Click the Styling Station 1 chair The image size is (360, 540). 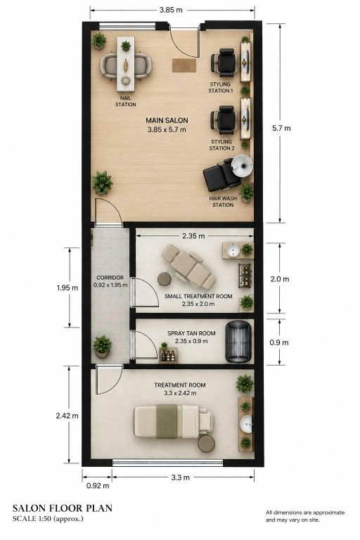[x=224, y=63]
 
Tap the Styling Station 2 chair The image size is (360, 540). [x=224, y=120]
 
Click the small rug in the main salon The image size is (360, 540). [x=184, y=65]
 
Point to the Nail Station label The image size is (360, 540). [x=125, y=101]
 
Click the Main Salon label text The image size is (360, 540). [x=167, y=120]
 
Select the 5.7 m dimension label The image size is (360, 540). [x=281, y=128]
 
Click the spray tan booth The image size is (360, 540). [x=238, y=342]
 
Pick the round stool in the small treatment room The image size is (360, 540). [x=165, y=279]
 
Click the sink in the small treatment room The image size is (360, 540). [x=233, y=250]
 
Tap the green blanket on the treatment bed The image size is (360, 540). [x=167, y=421]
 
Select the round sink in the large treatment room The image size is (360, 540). [x=246, y=423]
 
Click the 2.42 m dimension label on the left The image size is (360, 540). [x=67, y=416]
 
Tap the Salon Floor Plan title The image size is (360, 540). [x=63, y=508]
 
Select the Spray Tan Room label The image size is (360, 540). [x=191, y=333]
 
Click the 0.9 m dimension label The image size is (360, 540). [x=279, y=342]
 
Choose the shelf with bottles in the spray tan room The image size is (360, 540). [x=168, y=354]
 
